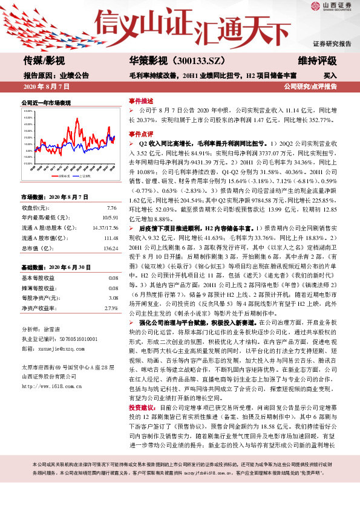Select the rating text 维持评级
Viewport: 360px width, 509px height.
coord(317,61)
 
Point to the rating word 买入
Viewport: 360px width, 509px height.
coord(330,76)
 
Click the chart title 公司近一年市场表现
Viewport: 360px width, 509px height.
coord(45,103)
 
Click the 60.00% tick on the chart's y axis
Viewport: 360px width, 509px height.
coord(28,112)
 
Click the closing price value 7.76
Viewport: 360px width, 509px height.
coord(113,207)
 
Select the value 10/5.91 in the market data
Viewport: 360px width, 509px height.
coord(110,217)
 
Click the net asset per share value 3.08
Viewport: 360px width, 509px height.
coord(113,298)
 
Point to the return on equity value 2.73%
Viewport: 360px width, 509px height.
coord(111,308)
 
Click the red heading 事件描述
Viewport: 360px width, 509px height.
coord(140,100)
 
